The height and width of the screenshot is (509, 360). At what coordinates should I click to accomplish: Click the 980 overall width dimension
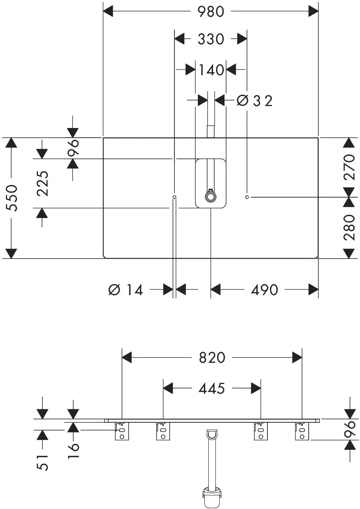(211, 12)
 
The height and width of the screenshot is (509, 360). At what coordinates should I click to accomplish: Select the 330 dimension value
(211, 39)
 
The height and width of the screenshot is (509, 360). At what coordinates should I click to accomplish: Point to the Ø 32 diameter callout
(254, 101)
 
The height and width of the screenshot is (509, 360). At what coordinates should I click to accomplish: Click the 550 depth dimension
(12, 198)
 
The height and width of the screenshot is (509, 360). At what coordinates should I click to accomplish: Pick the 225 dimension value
(42, 183)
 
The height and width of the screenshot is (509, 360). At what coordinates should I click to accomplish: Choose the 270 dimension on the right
(349, 167)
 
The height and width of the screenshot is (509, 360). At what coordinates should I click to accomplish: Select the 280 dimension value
(349, 227)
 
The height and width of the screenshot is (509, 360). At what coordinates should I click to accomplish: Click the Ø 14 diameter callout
(126, 290)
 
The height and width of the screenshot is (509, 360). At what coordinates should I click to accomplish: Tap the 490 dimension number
(264, 290)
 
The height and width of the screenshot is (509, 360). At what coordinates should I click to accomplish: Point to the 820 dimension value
(212, 358)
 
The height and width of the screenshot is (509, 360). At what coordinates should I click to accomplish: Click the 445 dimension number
(212, 388)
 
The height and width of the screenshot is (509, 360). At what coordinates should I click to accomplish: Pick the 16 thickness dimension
(73, 450)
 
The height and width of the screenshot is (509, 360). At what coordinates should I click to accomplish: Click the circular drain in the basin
(210, 197)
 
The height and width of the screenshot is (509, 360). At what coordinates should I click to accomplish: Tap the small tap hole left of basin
(174, 197)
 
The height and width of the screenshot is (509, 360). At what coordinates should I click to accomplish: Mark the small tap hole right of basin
(247, 197)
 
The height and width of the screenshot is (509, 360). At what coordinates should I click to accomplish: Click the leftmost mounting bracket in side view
(122, 431)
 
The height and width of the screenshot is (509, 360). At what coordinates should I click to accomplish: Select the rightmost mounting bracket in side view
(302, 431)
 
